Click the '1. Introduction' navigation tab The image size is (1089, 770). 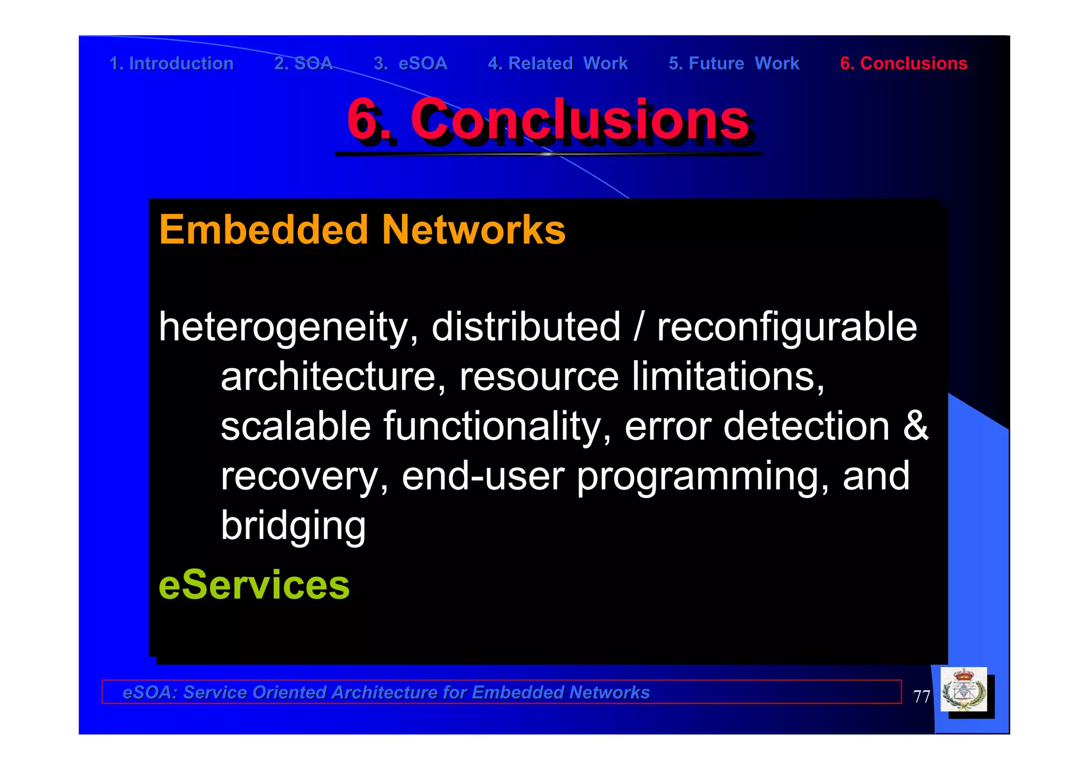(171, 63)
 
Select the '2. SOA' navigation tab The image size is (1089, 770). (303, 63)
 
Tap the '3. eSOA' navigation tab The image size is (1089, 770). (411, 63)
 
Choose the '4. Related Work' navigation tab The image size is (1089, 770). (558, 63)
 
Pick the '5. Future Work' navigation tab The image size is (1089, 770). (734, 63)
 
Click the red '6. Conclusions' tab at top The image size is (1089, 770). (903, 63)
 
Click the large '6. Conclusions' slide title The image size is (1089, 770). (548, 120)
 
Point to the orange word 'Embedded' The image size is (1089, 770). (264, 230)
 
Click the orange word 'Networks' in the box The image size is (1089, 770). (474, 230)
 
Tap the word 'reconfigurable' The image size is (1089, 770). (787, 327)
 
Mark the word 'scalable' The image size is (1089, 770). (296, 426)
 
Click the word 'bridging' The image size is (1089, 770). (293, 525)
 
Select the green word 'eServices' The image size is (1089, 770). (254, 584)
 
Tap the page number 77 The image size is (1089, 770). (922, 696)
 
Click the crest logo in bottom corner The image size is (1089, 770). (964, 690)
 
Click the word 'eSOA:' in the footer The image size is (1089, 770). (149, 692)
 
